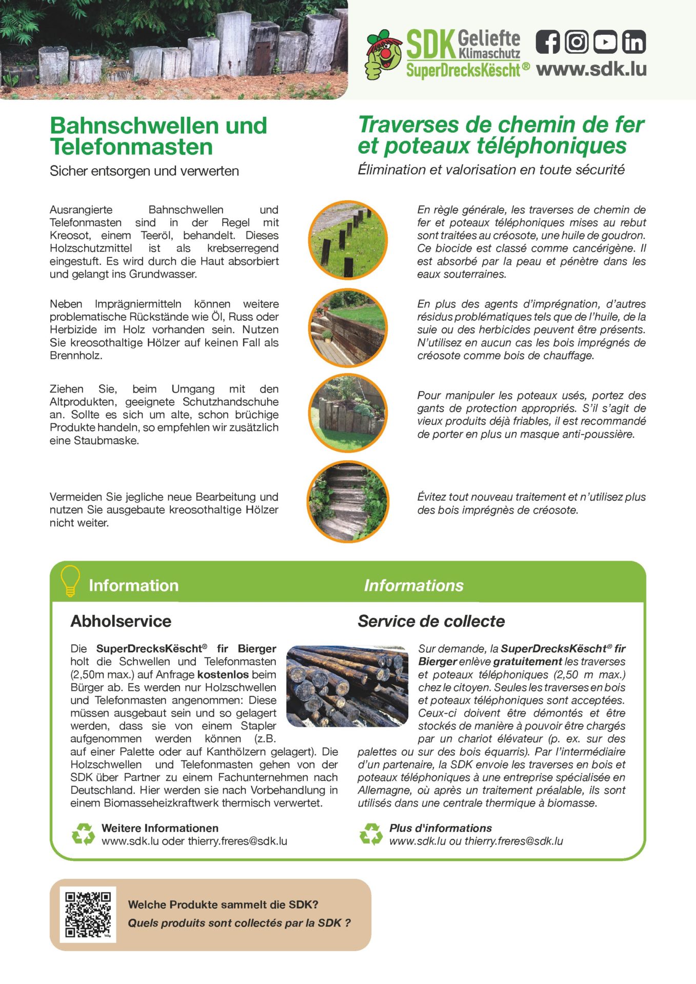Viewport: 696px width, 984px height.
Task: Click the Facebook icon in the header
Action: click(x=548, y=42)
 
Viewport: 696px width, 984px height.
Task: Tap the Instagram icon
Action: click(x=576, y=42)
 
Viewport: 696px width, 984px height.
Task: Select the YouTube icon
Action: click(x=605, y=42)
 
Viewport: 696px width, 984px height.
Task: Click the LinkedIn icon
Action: click(x=634, y=42)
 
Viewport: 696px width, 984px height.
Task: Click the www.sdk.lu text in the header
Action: click(x=591, y=69)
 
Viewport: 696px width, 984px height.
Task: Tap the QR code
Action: click(x=88, y=914)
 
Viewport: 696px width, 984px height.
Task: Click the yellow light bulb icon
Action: click(x=70, y=581)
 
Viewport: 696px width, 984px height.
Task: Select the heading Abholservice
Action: click(x=121, y=621)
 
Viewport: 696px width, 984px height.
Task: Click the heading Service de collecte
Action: click(x=431, y=621)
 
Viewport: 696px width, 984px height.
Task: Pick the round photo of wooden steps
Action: click(x=348, y=501)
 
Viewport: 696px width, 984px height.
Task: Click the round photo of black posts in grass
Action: click(x=348, y=240)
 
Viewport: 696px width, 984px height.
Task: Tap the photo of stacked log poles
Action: click(x=347, y=686)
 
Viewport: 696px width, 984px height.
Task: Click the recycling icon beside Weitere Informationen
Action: click(x=83, y=834)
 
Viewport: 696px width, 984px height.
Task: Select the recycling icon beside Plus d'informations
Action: click(x=371, y=834)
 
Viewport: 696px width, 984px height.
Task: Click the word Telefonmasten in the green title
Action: click(x=131, y=147)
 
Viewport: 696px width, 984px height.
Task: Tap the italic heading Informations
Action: click(x=413, y=585)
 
